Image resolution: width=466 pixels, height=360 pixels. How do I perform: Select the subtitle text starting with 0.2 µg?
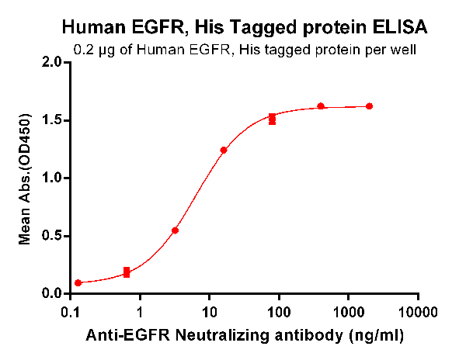click(244, 50)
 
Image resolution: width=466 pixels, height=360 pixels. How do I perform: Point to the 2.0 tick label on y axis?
click(52, 62)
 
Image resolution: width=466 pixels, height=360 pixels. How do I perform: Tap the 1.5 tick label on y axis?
click(52, 120)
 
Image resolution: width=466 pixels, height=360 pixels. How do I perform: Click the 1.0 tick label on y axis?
click(52, 178)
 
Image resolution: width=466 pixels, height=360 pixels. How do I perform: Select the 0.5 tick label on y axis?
click(52, 236)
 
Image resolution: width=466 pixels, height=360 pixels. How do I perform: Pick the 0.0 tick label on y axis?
click(52, 294)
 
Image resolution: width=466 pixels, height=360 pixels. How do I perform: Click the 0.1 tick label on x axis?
click(71, 312)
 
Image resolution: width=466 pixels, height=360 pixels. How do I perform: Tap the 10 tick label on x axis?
click(210, 312)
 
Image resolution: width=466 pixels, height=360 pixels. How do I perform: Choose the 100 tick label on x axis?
click(279, 312)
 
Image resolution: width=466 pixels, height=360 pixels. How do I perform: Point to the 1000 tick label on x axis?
click(348, 312)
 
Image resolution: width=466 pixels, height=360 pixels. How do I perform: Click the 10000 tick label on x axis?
click(418, 312)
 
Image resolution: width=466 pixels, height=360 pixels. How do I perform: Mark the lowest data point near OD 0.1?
click(78, 283)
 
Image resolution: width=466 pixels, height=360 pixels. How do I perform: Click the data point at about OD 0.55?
click(176, 230)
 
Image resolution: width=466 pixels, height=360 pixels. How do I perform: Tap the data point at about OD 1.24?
click(224, 150)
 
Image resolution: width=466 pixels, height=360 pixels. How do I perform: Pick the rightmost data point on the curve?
click(369, 106)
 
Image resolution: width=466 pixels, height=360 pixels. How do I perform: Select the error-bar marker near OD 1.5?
click(273, 119)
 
